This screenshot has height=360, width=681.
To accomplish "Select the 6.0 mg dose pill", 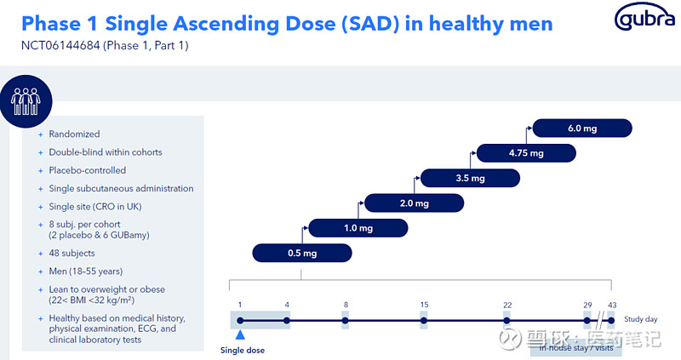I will pos(582,128).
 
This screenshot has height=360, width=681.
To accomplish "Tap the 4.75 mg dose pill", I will pos(526,153).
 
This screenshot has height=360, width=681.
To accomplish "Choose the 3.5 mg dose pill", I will pos(470,178).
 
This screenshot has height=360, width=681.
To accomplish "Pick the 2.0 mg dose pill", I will pos(414,203).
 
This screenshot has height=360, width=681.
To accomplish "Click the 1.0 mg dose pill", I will pos(358,228).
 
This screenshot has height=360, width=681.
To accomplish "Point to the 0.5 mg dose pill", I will pos(302,253).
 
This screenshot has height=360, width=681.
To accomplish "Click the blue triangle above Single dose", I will pos(240,335).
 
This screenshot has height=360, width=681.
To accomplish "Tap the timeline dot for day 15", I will pos(424,321).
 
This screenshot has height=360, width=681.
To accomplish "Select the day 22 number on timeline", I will pos(506,305).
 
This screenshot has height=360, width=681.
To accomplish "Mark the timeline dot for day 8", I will pos(345,321).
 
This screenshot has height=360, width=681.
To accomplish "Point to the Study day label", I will pos(640,319).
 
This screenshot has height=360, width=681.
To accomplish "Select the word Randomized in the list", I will pos(74,134).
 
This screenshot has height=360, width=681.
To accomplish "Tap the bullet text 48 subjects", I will pos(72,254).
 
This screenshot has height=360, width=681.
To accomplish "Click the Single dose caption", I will pos(243,350).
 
